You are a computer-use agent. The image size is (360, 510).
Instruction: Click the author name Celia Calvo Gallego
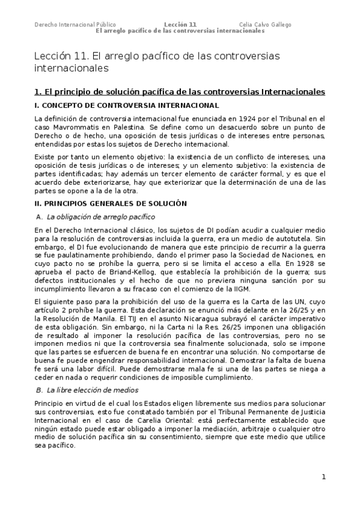265,25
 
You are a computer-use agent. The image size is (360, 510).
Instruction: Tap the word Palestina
127,127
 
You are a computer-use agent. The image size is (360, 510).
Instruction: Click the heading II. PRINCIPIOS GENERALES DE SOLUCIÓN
111,204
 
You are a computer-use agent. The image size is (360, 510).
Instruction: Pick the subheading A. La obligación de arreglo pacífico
96,217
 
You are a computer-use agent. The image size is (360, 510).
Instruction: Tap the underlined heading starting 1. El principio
180,91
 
